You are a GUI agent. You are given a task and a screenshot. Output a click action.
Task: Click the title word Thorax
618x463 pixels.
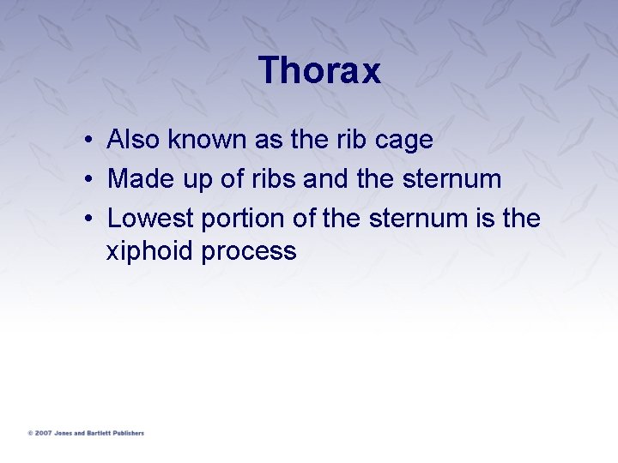pyautogui.click(x=319, y=70)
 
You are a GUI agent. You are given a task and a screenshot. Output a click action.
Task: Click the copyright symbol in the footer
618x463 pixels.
pyautogui.click(x=30, y=433)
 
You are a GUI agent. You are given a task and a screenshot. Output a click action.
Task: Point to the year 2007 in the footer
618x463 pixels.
pyautogui.click(x=42, y=433)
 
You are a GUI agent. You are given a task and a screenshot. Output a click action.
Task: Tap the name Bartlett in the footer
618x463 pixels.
pyautogui.click(x=100, y=433)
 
